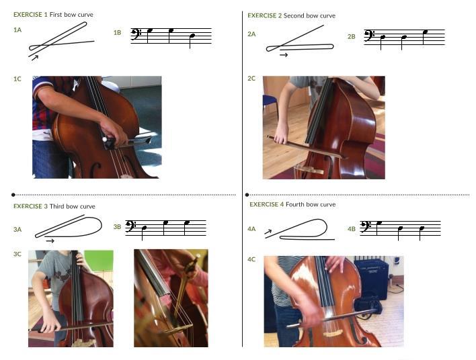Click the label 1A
[17, 30]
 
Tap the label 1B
[117, 33]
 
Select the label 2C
[251, 79]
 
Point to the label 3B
[117, 227]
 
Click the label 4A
[251, 229]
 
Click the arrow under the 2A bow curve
[284, 55]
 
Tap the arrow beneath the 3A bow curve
[50, 240]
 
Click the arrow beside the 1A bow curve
[34, 58]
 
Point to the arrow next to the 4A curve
[268, 232]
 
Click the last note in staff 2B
[424, 32]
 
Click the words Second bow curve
[309, 15]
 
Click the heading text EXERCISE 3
[30, 206]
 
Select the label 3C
[17, 254]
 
